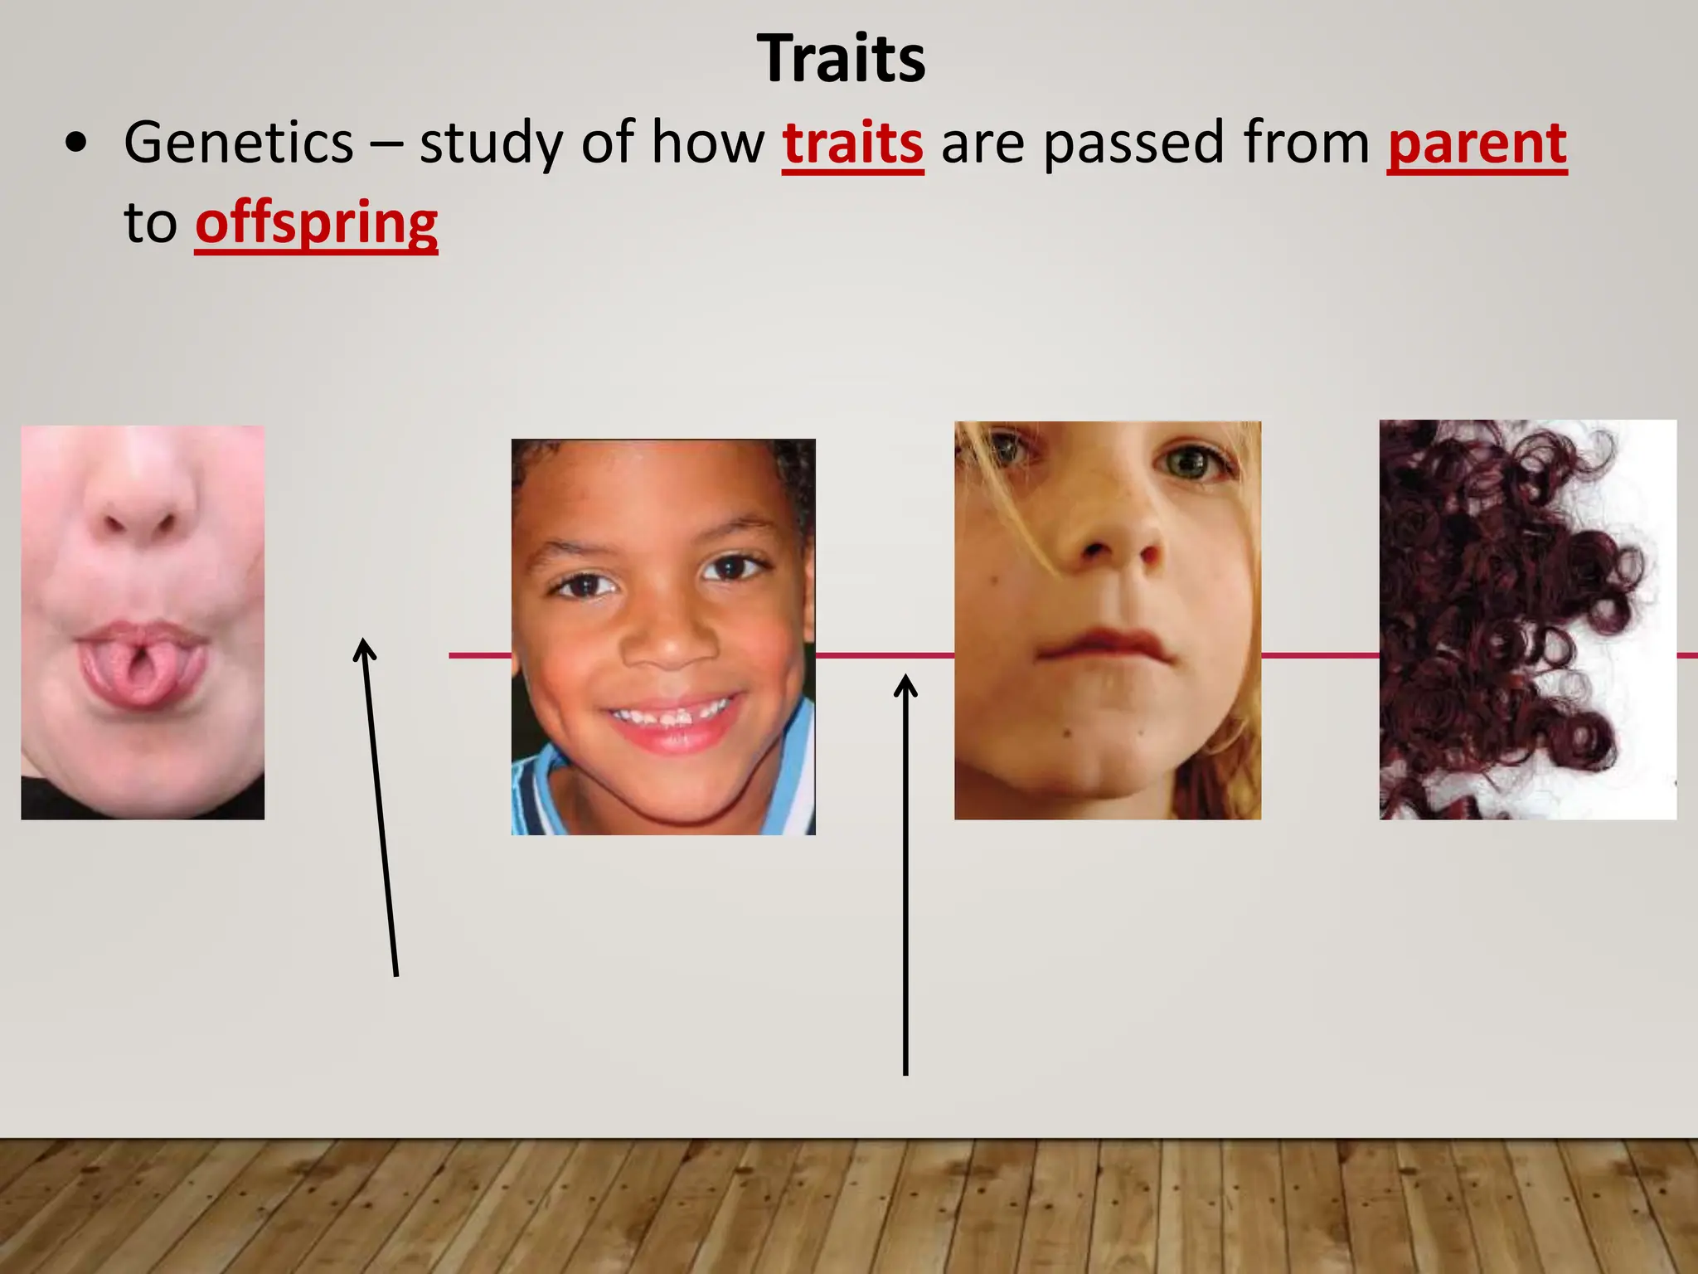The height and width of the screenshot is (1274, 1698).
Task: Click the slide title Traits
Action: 841,60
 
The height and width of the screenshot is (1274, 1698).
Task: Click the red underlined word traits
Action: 852,143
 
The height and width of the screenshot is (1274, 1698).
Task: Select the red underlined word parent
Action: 1477,143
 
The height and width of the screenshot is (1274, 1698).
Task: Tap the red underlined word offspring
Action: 316,223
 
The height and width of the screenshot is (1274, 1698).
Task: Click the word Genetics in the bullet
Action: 239,143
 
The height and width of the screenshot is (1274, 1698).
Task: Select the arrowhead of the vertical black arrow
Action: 905,686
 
